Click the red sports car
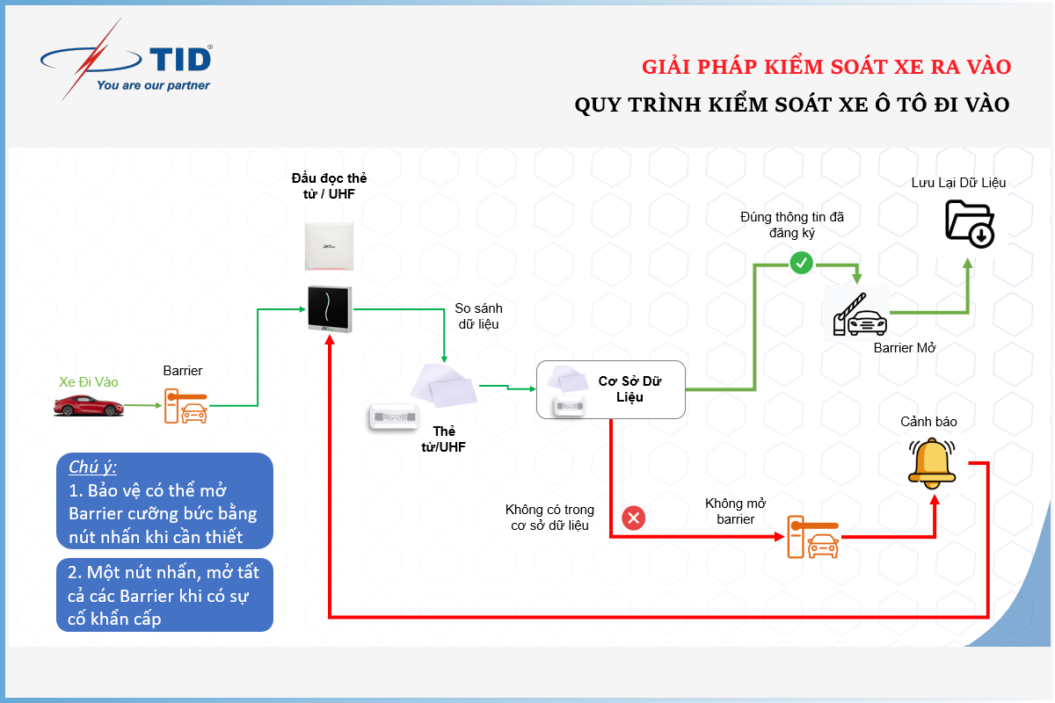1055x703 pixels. (x=89, y=405)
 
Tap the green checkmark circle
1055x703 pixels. (x=802, y=263)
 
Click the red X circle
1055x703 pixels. (x=634, y=518)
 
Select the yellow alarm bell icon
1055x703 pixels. (x=932, y=463)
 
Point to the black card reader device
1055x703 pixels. (x=330, y=309)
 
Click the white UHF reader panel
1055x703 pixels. (x=329, y=246)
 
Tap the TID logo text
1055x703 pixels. (x=181, y=60)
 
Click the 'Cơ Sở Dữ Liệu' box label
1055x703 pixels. (x=629, y=389)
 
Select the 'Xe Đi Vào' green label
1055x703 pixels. (x=89, y=382)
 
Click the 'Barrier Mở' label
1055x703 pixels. (x=905, y=348)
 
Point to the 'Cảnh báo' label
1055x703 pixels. (x=928, y=422)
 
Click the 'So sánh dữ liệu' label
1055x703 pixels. (x=478, y=316)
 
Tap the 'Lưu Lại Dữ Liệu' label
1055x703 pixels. (x=958, y=183)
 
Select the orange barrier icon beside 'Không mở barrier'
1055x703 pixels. (x=813, y=537)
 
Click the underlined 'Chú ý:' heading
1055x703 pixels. (x=93, y=467)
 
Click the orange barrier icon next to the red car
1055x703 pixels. (x=186, y=406)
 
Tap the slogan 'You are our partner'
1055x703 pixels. (x=153, y=85)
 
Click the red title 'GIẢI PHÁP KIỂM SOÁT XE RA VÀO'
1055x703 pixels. (x=826, y=67)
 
